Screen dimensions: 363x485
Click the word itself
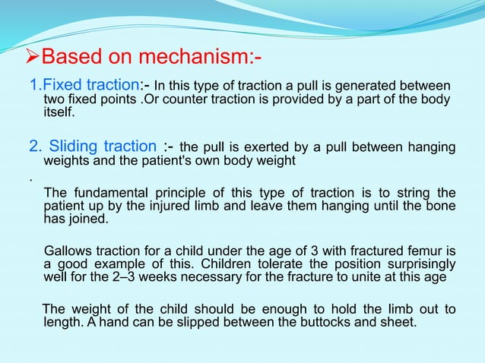coord(59,112)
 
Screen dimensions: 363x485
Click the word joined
coord(95,219)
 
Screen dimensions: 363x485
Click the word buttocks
coord(320,322)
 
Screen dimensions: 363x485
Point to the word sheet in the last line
coord(399,322)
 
